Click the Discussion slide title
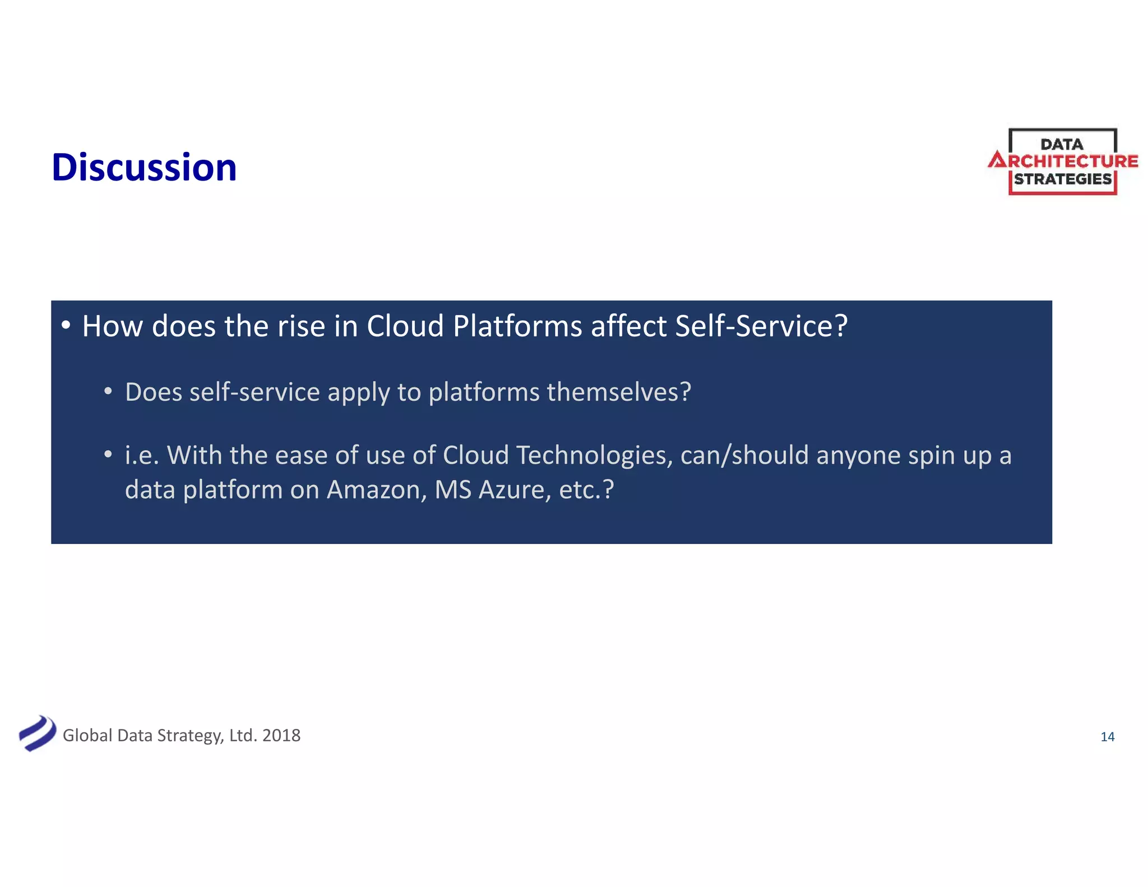click(144, 168)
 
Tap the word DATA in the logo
click(1062, 145)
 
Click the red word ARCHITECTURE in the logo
click(1063, 161)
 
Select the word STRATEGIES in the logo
click(1062, 179)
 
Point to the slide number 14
click(1107, 737)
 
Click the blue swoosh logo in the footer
click(37, 733)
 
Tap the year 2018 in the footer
click(281, 735)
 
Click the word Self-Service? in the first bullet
click(761, 326)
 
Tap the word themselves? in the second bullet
click(619, 392)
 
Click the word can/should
click(744, 455)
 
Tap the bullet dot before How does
click(66, 325)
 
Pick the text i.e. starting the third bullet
click(142, 455)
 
